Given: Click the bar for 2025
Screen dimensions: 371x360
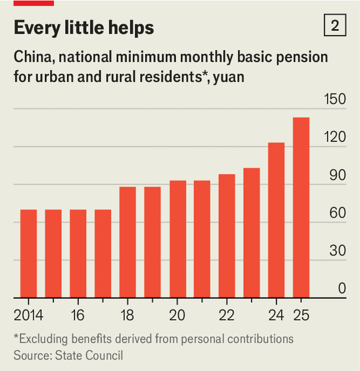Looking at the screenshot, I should pyautogui.click(x=301, y=207).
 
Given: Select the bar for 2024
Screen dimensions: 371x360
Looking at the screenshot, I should pyautogui.click(x=276, y=220).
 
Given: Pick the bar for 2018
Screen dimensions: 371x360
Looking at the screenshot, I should pyautogui.click(x=127, y=242).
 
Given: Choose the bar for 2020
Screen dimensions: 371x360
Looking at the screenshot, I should pyautogui.click(x=177, y=239).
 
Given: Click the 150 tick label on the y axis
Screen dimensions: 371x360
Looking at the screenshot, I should pyautogui.click(x=335, y=99).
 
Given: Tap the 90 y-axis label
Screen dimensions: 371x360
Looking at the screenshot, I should pyautogui.click(x=337, y=175).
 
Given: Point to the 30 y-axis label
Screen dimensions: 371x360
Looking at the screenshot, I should pyautogui.click(x=337, y=250).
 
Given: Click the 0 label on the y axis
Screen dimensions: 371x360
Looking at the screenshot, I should pyautogui.click(x=342, y=288).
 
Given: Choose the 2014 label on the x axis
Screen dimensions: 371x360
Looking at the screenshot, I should pyautogui.click(x=28, y=314).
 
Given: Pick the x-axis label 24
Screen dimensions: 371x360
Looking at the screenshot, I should pyautogui.click(x=276, y=314).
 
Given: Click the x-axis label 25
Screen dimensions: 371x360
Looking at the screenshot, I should pyautogui.click(x=301, y=314).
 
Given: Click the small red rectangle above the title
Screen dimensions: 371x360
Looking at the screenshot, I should pyautogui.click(x=34, y=3).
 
